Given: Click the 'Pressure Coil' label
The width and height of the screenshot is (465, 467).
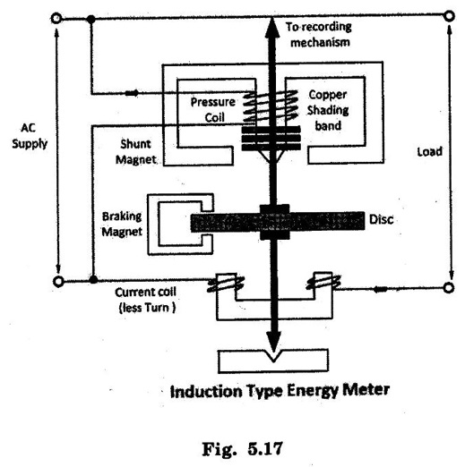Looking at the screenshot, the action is click(x=213, y=110).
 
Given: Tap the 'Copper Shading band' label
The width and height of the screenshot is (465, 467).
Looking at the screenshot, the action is click(x=328, y=110).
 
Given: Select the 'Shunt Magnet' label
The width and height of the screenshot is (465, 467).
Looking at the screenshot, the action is click(x=136, y=151).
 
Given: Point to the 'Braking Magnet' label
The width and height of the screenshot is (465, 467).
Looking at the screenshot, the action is click(x=122, y=224).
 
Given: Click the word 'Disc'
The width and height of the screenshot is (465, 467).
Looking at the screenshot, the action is click(x=382, y=219).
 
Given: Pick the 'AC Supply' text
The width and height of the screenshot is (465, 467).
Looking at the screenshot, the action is click(x=30, y=136).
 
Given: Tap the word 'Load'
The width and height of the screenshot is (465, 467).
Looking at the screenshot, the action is click(x=430, y=152).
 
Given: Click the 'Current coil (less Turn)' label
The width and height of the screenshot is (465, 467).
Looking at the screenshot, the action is click(x=146, y=300).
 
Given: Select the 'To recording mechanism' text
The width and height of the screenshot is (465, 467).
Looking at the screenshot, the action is click(x=319, y=35).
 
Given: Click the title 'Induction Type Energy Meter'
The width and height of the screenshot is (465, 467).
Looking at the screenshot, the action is click(x=280, y=391).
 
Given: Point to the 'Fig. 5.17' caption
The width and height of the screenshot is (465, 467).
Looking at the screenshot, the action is click(x=243, y=448).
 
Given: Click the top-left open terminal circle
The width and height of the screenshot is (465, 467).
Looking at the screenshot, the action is click(x=56, y=18).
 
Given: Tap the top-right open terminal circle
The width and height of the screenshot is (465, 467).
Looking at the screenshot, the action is click(x=449, y=16).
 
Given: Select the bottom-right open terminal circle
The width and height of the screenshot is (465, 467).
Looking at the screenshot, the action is click(x=449, y=288).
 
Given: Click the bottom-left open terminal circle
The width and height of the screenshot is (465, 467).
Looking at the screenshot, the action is click(x=58, y=281).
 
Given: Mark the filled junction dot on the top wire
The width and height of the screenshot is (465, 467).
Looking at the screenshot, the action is click(x=91, y=20).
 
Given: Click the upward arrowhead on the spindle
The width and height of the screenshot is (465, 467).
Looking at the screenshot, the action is click(x=272, y=28).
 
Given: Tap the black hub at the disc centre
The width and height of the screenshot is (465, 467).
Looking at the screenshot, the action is click(x=275, y=222).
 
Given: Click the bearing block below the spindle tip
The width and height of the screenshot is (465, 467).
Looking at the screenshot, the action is click(x=273, y=361).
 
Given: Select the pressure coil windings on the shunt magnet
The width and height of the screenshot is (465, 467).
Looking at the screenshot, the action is click(x=271, y=106).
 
